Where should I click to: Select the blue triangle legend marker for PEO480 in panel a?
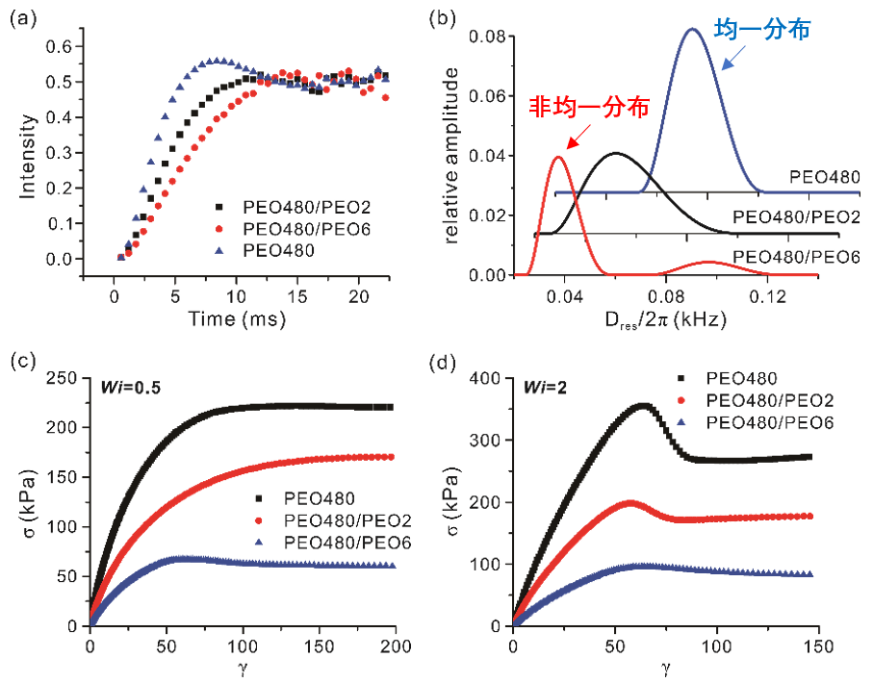(220, 248)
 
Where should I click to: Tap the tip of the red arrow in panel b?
(567, 150)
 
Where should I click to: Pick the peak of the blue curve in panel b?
(691, 29)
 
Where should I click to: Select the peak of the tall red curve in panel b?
(558, 157)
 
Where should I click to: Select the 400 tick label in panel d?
(488, 378)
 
